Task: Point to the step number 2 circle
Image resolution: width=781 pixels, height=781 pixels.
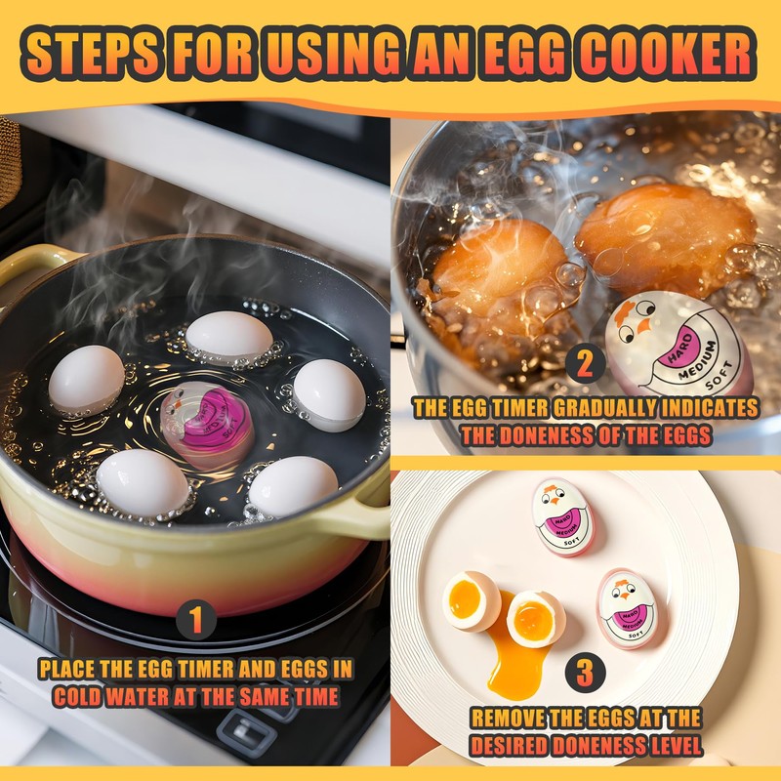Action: pyautogui.click(x=584, y=364)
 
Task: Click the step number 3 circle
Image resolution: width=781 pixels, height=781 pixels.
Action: pyautogui.click(x=584, y=673)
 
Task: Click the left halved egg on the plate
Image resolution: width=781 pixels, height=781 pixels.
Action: pyautogui.click(x=471, y=601)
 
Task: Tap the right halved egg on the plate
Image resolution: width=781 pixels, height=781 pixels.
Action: pyautogui.click(x=536, y=618)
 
